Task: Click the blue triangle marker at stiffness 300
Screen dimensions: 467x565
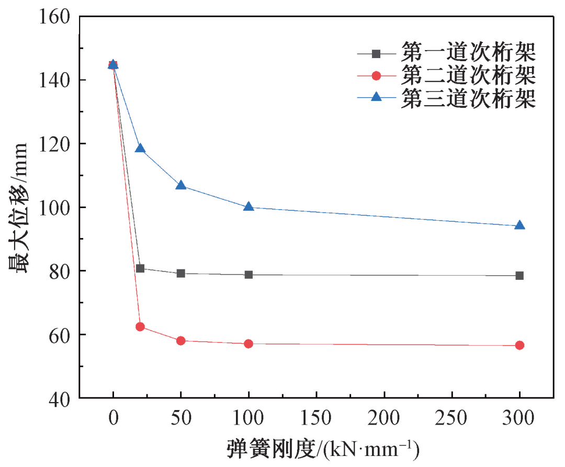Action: click(519, 225)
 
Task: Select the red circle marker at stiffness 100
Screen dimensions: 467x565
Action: click(248, 344)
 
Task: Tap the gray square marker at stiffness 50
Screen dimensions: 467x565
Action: click(181, 273)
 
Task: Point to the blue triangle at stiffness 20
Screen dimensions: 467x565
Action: click(140, 148)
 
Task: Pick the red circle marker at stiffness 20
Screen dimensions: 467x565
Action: click(140, 327)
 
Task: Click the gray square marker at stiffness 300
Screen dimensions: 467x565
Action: click(519, 276)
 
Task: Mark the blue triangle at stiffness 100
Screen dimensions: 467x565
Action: click(248, 207)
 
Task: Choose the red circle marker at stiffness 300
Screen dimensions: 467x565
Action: click(519, 345)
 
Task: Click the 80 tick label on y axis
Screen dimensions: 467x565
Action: click(61, 271)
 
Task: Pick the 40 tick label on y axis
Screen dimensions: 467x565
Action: click(61, 398)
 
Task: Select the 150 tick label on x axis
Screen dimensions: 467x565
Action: click(317, 418)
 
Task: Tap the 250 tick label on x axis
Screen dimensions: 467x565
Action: click(452, 418)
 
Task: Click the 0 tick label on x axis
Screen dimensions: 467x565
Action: click(113, 418)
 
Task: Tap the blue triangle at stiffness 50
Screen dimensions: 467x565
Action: click(181, 185)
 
